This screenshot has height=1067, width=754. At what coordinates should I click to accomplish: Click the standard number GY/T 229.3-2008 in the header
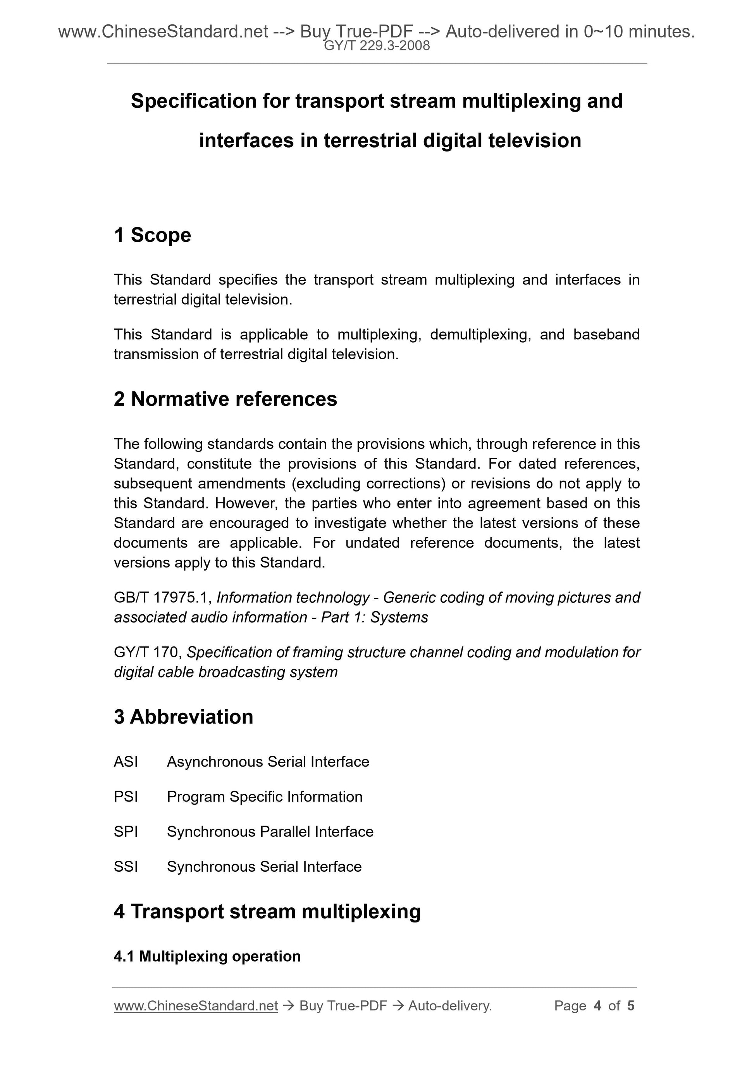click(x=377, y=46)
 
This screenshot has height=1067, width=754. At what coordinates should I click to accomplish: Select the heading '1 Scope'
click(x=152, y=235)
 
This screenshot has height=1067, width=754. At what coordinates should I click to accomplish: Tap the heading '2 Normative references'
click(x=226, y=399)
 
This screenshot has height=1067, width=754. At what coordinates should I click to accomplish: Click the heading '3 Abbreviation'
click(x=184, y=717)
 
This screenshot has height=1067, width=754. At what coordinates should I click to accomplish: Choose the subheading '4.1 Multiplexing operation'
click(x=207, y=957)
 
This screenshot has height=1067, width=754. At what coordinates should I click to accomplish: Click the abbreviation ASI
click(x=126, y=762)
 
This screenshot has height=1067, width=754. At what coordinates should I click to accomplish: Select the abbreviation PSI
click(x=126, y=796)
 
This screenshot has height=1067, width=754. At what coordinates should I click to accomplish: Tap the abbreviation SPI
click(x=126, y=831)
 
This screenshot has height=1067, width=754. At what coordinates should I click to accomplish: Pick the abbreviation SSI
click(x=126, y=866)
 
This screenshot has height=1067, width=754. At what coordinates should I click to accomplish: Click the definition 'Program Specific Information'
click(x=264, y=796)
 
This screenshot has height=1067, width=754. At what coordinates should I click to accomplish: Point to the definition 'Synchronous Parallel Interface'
click(x=270, y=831)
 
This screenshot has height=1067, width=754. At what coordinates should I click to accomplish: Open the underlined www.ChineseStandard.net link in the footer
click(x=196, y=1006)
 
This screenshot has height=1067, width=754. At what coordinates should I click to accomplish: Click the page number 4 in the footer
click(x=597, y=1006)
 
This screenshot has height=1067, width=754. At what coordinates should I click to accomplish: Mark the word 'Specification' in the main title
click(x=193, y=101)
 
